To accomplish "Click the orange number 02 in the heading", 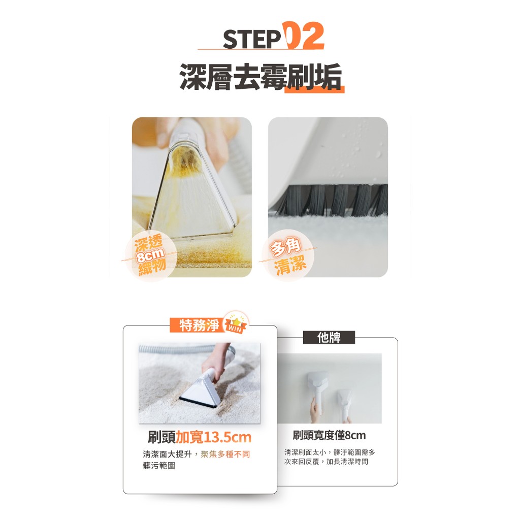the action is (x=303, y=36).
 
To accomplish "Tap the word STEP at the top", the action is (x=252, y=40).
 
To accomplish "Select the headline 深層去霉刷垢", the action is (x=261, y=77).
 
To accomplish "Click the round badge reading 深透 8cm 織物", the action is (x=150, y=255).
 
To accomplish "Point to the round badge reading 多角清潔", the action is (x=288, y=255).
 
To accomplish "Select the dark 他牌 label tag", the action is (x=329, y=338).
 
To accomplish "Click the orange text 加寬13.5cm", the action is (x=213, y=437).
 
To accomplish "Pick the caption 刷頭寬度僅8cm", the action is (x=329, y=435).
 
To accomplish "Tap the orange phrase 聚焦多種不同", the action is (x=225, y=454).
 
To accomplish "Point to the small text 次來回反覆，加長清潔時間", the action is (x=326, y=462).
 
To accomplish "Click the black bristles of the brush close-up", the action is (x=332, y=200).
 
